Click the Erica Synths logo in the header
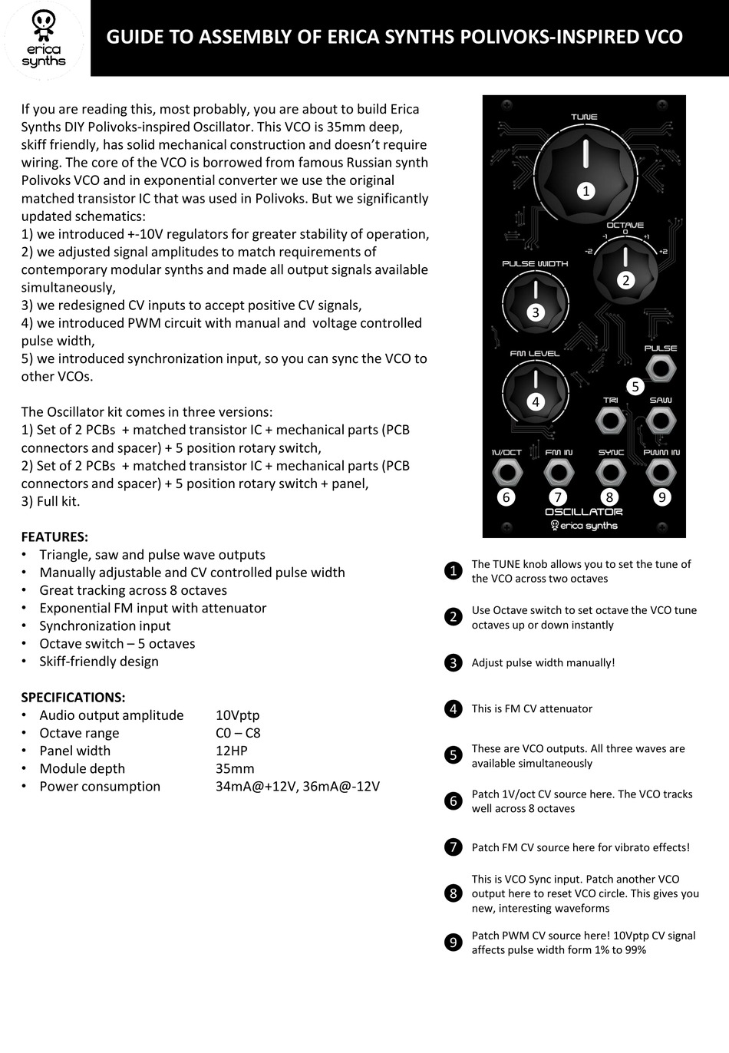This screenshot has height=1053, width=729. tap(44, 38)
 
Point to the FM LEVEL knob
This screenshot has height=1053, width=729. tap(535, 392)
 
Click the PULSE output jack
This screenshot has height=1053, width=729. tap(660, 370)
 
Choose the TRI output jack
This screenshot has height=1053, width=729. tap(610, 421)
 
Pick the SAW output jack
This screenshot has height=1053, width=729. tap(660, 421)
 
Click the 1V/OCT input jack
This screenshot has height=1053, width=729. tap(506, 474)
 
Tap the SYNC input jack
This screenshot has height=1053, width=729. tap(610, 474)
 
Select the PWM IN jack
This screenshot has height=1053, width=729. tap(661, 474)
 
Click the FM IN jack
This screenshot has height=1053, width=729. tap(558, 474)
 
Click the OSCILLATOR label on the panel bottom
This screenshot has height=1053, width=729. tap(583, 512)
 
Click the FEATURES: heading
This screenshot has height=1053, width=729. tap(54, 536)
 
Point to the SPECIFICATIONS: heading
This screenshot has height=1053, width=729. tap(73, 697)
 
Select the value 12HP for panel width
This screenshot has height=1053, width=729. tap(231, 751)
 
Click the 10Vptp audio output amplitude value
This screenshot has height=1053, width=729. tap(237, 715)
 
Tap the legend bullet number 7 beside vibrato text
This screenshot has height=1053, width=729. tap(453, 847)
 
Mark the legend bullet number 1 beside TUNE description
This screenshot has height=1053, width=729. tap(453, 571)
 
